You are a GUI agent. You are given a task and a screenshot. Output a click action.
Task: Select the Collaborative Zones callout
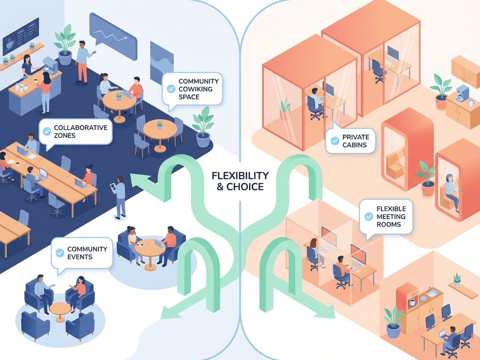[x=75, y=131]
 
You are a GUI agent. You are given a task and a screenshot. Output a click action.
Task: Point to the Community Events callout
[x=82, y=253]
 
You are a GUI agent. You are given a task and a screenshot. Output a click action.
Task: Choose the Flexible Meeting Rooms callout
[x=386, y=217]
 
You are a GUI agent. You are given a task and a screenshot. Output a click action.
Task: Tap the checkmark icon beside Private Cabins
[x=335, y=141]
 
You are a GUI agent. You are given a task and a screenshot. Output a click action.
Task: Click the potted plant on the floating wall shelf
[x=457, y=279]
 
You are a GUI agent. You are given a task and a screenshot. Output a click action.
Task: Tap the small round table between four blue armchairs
[x=60, y=311]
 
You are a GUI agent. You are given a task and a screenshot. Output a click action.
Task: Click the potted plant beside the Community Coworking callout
[x=202, y=127]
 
